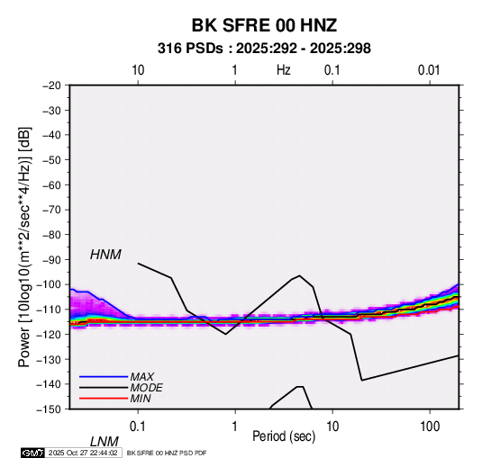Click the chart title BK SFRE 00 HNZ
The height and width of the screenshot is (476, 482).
[264, 25]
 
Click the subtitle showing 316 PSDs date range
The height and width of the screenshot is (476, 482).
[264, 49]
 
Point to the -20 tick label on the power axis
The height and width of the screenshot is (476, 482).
[51, 85]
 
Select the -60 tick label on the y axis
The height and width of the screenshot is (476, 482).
[51, 184]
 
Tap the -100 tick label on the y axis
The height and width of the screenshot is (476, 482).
[50, 284]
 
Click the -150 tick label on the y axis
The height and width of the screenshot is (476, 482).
[50, 409]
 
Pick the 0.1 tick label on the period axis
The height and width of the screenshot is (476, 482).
[138, 427]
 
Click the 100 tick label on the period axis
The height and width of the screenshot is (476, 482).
[430, 427]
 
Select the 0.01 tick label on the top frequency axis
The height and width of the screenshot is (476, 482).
[429, 70]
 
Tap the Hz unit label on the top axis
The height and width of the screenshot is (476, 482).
[284, 70]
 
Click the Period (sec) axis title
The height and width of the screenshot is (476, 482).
[284, 436]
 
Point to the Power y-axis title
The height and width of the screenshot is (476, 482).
[24, 247]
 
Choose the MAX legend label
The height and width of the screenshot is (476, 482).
[142, 377]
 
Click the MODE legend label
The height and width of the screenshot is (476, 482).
[146, 388]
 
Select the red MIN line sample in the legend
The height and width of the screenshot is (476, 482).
[104, 399]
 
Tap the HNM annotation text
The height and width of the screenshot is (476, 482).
[105, 255]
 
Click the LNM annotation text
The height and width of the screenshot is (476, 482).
[105, 442]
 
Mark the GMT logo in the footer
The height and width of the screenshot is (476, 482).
[32, 453]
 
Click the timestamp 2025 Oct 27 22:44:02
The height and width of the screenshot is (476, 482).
[83, 453]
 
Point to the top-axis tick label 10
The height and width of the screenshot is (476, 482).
[138, 70]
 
